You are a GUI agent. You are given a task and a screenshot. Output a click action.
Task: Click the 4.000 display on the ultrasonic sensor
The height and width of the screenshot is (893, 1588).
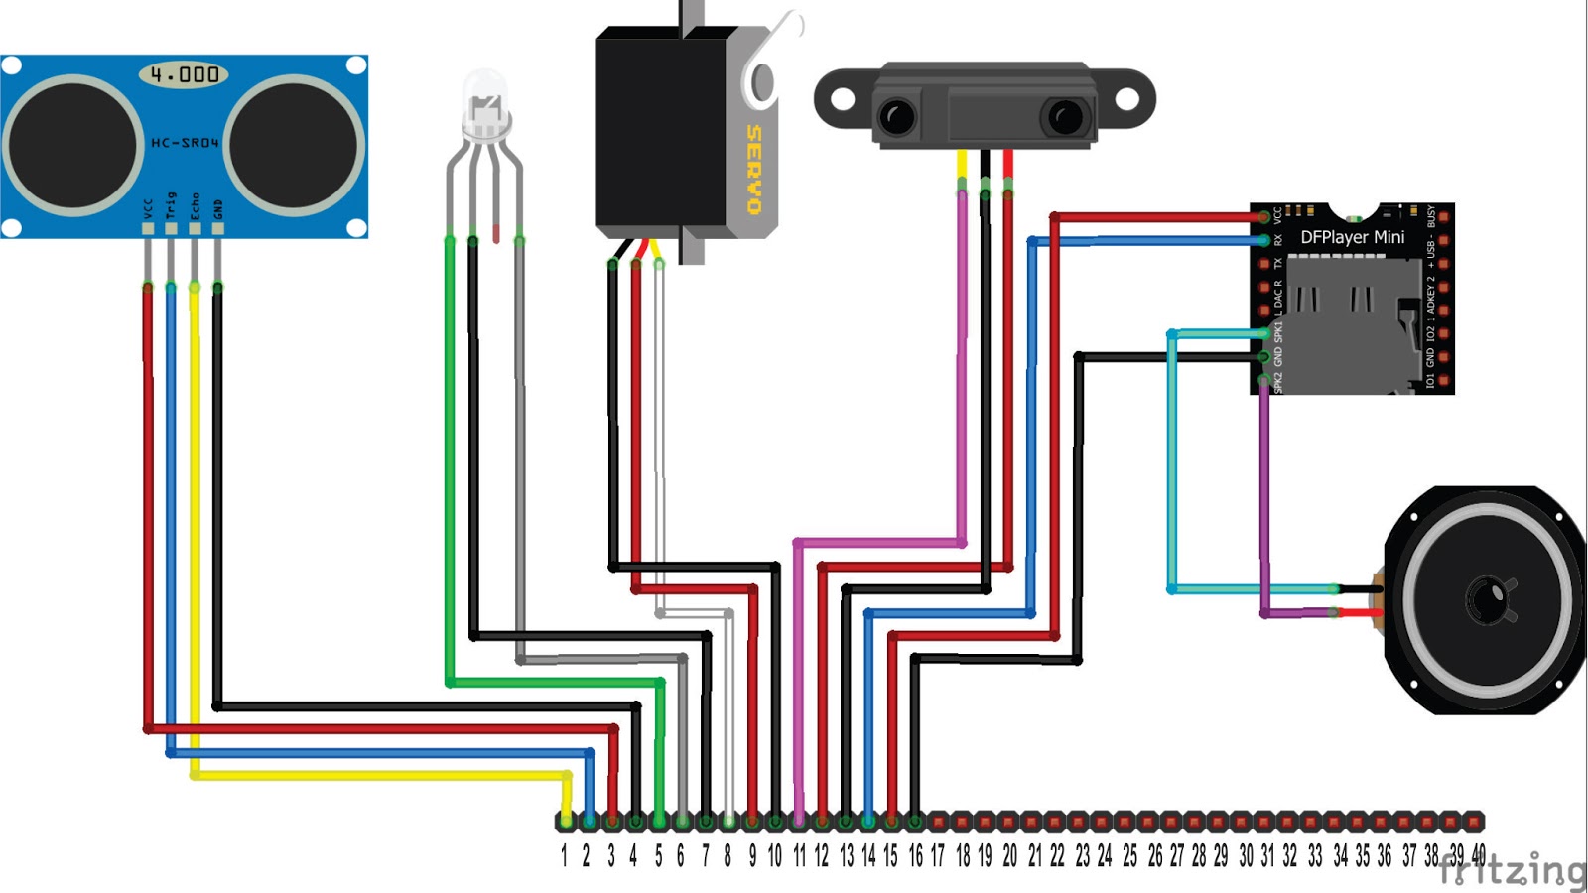[185, 74]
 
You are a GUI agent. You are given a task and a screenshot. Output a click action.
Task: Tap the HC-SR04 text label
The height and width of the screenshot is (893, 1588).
[185, 143]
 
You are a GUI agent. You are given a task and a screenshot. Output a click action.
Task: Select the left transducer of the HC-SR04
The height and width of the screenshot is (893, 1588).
[71, 145]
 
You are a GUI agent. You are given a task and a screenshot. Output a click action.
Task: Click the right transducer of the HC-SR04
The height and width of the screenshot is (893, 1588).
[294, 145]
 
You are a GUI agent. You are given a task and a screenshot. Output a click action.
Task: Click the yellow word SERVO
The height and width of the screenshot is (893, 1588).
[754, 169]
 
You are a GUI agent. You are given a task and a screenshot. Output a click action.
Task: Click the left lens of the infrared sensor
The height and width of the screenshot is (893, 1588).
[897, 117]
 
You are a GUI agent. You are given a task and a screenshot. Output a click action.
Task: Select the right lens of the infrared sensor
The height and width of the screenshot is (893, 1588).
[1065, 117]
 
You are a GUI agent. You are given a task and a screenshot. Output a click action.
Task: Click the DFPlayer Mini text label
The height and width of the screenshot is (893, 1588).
[1352, 237]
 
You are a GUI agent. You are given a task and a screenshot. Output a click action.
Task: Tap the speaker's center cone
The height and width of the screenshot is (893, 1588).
[1487, 599]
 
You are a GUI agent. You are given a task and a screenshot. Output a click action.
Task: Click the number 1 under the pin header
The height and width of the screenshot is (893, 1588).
[564, 856]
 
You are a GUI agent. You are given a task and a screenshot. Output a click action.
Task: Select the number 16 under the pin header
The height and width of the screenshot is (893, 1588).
[915, 856]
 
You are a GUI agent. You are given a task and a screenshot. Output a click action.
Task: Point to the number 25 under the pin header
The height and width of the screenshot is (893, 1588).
[1129, 856]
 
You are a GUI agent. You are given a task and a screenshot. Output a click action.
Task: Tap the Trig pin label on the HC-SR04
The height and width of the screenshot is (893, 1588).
[171, 206]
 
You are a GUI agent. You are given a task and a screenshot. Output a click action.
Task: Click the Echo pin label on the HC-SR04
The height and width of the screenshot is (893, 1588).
[195, 206]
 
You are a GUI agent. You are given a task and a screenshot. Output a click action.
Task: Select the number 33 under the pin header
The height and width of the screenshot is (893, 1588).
[1315, 856]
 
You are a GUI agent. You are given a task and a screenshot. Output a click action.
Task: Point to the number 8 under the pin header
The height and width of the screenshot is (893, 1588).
[728, 856]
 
